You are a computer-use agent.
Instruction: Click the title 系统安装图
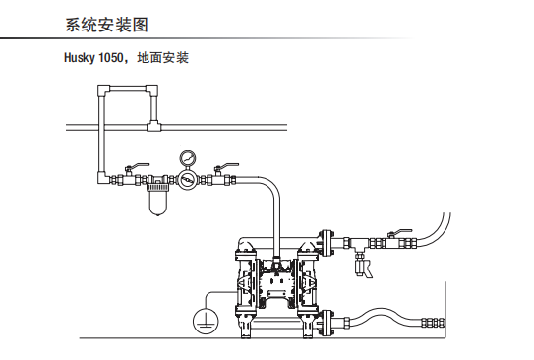[x=106, y=25]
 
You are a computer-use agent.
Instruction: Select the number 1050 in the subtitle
[x=110, y=58]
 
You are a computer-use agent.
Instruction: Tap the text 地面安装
[x=163, y=58]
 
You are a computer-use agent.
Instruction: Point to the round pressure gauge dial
[x=188, y=157]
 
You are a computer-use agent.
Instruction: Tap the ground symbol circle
[x=206, y=321]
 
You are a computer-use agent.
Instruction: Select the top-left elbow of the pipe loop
[x=103, y=90]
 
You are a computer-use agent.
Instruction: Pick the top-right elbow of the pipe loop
[x=151, y=90]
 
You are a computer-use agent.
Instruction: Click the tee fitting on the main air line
[x=153, y=126]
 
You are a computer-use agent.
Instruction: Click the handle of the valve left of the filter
[x=138, y=166]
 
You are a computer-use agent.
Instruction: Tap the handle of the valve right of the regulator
[x=227, y=166]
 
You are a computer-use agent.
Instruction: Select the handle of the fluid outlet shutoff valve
[x=400, y=232]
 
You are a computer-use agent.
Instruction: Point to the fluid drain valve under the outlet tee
[x=362, y=267]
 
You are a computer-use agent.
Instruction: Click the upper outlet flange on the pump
[x=326, y=243]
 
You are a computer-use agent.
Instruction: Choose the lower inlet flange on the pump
[x=326, y=324]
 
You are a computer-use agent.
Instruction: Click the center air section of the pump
[x=277, y=282]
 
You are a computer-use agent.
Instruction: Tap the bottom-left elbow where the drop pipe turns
[x=103, y=178]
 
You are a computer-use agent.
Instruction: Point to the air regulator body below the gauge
[x=187, y=179]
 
